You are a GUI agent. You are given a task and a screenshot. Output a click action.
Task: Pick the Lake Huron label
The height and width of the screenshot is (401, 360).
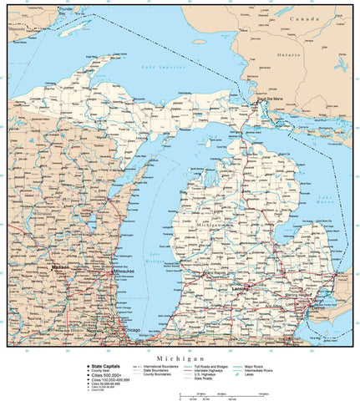pos(327,198)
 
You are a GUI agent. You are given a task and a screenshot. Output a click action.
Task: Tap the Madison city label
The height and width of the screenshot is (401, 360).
pos(61,267)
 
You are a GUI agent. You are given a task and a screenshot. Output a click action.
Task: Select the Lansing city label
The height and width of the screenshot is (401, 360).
pos(239,289)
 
